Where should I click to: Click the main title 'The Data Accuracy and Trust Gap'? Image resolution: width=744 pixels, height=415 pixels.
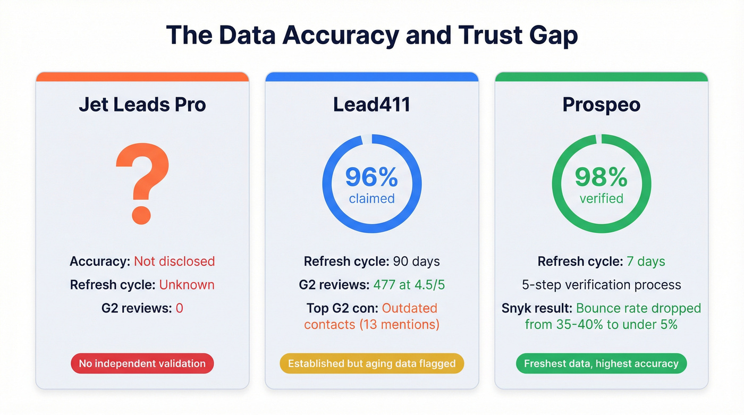371,36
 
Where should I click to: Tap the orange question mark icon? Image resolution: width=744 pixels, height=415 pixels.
142,184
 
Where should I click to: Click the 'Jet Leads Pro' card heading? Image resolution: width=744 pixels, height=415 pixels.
142,105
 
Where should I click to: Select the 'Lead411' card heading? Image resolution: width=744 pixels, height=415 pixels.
371,105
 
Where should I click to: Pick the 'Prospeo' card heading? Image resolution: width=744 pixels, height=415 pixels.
601,105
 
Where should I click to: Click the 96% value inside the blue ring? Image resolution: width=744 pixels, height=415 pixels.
371,177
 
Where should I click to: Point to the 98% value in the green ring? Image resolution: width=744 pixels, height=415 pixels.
601,177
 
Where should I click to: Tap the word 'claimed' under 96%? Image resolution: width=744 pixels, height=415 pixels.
371,199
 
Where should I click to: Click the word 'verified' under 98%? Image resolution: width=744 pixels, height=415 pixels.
601,199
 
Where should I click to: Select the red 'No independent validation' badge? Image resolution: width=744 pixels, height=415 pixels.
142,364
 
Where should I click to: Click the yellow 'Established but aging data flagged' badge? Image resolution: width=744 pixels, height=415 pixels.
371,364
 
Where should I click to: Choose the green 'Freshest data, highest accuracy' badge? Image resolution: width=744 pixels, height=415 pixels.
601,364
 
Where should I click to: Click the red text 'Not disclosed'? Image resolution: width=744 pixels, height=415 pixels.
174,261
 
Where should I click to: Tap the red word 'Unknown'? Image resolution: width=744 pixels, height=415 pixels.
187,285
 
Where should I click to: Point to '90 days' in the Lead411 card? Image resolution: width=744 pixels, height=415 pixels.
416,261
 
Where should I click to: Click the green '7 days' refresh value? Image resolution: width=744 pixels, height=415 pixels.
645,261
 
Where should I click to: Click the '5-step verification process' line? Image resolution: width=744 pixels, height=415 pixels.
601,285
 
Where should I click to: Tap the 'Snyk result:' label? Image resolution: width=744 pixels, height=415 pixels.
537,308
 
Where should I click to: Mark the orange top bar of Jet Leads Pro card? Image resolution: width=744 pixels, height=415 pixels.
142,77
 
